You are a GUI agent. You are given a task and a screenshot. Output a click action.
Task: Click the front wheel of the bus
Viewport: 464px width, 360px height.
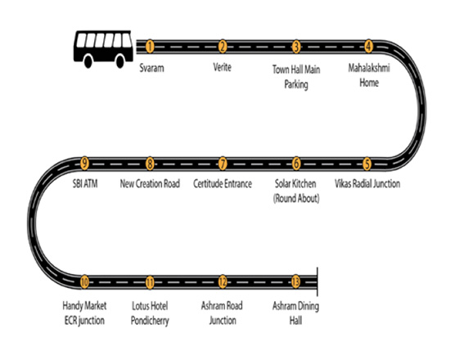(x=120, y=61)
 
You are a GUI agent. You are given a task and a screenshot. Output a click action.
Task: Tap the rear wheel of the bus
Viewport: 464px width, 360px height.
(x=88, y=61)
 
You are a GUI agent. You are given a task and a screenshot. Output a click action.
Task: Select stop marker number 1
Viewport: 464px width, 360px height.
(x=150, y=47)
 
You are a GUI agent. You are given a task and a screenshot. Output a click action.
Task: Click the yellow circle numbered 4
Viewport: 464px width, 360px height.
(x=368, y=47)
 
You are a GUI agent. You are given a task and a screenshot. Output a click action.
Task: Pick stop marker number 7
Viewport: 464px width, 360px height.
(x=223, y=164)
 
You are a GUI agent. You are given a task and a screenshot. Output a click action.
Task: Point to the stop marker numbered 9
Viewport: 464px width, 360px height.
(x=84, y=164)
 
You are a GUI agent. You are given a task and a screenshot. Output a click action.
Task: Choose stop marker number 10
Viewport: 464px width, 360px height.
(x=84, y=282)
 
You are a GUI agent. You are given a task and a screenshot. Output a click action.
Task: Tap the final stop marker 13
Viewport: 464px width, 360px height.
(x=295, y=282)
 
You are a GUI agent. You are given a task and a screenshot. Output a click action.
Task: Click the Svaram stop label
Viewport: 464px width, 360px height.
(x=152, y=68)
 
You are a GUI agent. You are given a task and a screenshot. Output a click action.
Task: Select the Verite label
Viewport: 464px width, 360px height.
(x=223, y=67)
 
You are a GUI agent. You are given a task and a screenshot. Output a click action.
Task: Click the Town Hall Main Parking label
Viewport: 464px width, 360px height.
(x=296, y=77)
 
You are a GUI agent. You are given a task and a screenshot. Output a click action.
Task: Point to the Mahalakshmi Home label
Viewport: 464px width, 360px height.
(x=369, y=75)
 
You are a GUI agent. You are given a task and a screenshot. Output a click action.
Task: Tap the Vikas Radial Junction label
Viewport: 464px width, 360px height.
(x=367, y=184)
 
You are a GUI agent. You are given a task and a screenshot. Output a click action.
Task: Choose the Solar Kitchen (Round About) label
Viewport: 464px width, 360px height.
(x=296, y=191)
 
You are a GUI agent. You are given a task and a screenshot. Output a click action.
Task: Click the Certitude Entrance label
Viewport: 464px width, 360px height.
(x=223, y=184)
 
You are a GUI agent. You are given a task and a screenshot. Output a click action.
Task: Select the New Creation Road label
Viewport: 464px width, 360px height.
(x=150, y=184)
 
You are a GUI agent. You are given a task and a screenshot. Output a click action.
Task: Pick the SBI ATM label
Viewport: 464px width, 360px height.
(x=85, y=184)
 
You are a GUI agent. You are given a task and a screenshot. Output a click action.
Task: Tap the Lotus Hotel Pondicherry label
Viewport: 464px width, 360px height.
(x=150, y=313)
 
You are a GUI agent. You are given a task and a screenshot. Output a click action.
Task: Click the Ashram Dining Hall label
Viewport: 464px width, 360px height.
(x=295, y=313)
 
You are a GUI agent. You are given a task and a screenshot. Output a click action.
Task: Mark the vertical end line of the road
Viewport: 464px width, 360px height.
(x=318, y=281)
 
